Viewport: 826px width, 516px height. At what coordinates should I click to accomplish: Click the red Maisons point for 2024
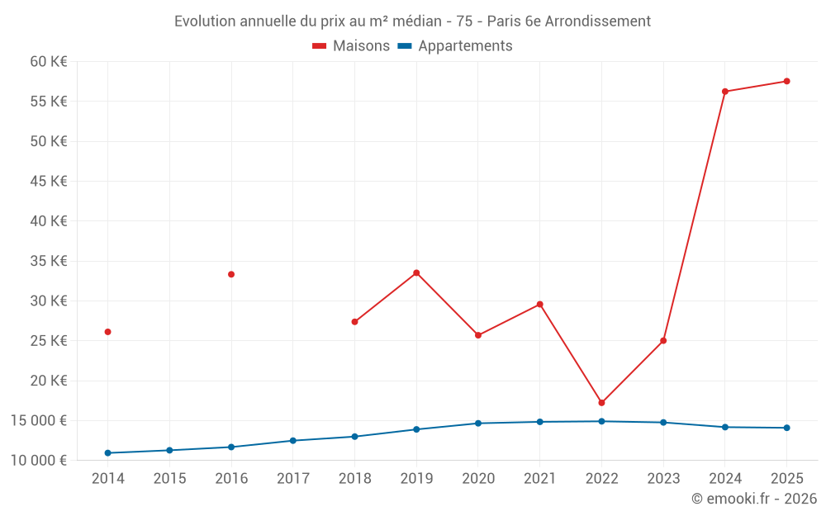point(725,92)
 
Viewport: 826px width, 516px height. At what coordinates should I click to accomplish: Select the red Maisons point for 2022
point(601,403)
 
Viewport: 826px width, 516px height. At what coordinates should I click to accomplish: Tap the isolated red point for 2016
point(231,274)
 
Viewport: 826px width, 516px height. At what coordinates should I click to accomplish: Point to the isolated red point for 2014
point(108,332)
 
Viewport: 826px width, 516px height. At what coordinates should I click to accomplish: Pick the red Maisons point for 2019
point(416,272)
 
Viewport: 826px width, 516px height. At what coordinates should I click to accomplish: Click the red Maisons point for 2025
point(786,81)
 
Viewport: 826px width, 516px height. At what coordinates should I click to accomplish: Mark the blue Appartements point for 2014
point(108,452)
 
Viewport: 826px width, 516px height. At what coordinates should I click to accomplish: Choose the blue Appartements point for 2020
point(478,424)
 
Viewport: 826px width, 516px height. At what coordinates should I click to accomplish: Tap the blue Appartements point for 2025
point(786,428)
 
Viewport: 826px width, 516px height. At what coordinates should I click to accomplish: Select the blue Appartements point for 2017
point(293,441)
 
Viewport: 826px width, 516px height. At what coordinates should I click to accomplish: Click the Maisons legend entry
point(351,45)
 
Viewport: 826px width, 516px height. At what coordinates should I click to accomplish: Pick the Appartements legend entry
point(454,45)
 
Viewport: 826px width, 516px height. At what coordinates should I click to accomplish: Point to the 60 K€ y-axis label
point(49,62)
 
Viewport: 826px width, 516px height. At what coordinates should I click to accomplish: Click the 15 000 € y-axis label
point(39,421)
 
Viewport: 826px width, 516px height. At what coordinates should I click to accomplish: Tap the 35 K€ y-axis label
point(49,261)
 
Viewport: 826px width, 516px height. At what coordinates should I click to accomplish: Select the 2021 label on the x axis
point(540,478)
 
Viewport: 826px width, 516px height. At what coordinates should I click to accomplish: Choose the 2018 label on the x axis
point(354,478)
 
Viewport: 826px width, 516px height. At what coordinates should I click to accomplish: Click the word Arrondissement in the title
point(597,21)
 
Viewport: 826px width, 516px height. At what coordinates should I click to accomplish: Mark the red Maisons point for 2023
point(663,341)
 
